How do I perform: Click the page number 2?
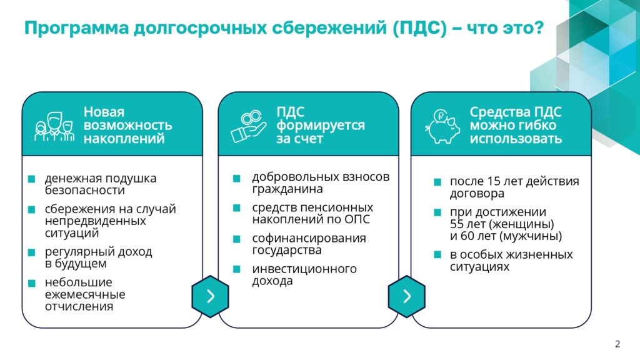[617, 344]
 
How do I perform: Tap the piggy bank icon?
[442, 126]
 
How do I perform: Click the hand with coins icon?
[249, 126]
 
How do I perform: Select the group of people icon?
[54, 126]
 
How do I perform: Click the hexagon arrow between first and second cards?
[210, 296]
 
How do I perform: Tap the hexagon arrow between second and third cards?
[406, 296]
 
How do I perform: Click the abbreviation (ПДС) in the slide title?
[420, 28]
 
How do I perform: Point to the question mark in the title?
[539, 27]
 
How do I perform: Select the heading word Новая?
[104, 112]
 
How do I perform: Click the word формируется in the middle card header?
[321, 125]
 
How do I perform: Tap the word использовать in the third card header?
[516, 139]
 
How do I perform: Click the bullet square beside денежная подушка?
[31, 179]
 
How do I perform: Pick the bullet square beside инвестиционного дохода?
[236, 269]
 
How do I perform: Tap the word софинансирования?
[309, 238]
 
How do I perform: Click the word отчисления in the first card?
[79, 306]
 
